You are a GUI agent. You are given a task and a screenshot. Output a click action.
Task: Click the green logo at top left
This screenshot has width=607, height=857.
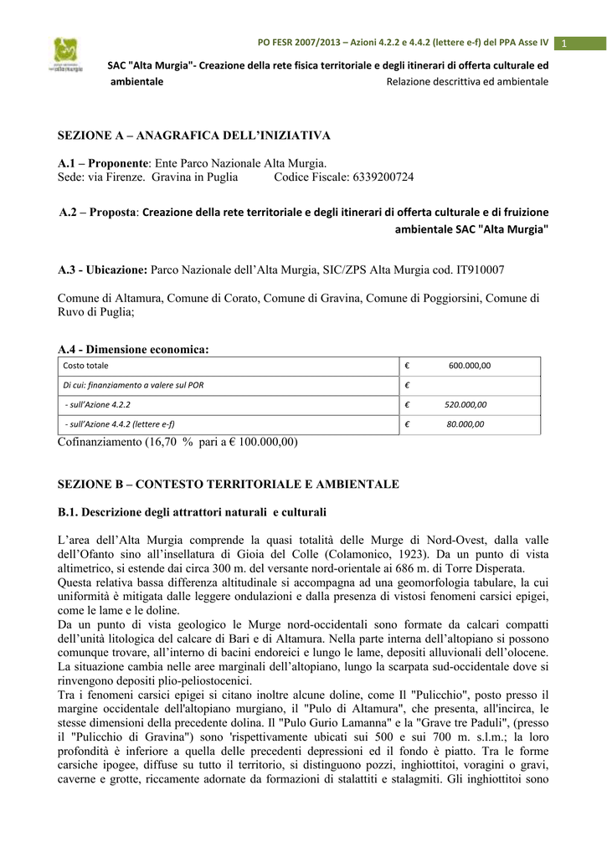pos(65,56)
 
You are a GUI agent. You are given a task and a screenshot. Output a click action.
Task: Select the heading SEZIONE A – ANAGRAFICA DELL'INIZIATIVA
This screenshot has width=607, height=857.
pos(193,135)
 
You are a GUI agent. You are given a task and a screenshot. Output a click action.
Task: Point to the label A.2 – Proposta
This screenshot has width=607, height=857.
pos(99,213)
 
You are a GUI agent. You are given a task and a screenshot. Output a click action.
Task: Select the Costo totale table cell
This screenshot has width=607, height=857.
pos(86,366)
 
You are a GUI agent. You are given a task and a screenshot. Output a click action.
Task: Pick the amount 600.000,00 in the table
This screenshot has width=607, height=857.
pos(470,366)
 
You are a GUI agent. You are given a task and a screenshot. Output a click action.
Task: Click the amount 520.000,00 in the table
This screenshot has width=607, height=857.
pos(466,404)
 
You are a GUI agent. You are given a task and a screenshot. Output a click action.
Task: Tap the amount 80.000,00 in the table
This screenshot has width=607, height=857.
pos(466,424)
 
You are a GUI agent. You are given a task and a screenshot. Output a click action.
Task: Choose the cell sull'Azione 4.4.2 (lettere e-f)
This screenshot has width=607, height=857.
pos(120,424)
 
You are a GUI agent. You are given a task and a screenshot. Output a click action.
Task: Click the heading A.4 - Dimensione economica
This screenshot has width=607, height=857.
pos(133,349)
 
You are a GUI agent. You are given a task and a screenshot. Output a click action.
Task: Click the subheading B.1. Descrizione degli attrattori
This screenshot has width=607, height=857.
pos(192,511)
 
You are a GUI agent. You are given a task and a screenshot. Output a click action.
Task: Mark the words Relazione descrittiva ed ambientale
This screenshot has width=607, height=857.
pos(467,81)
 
